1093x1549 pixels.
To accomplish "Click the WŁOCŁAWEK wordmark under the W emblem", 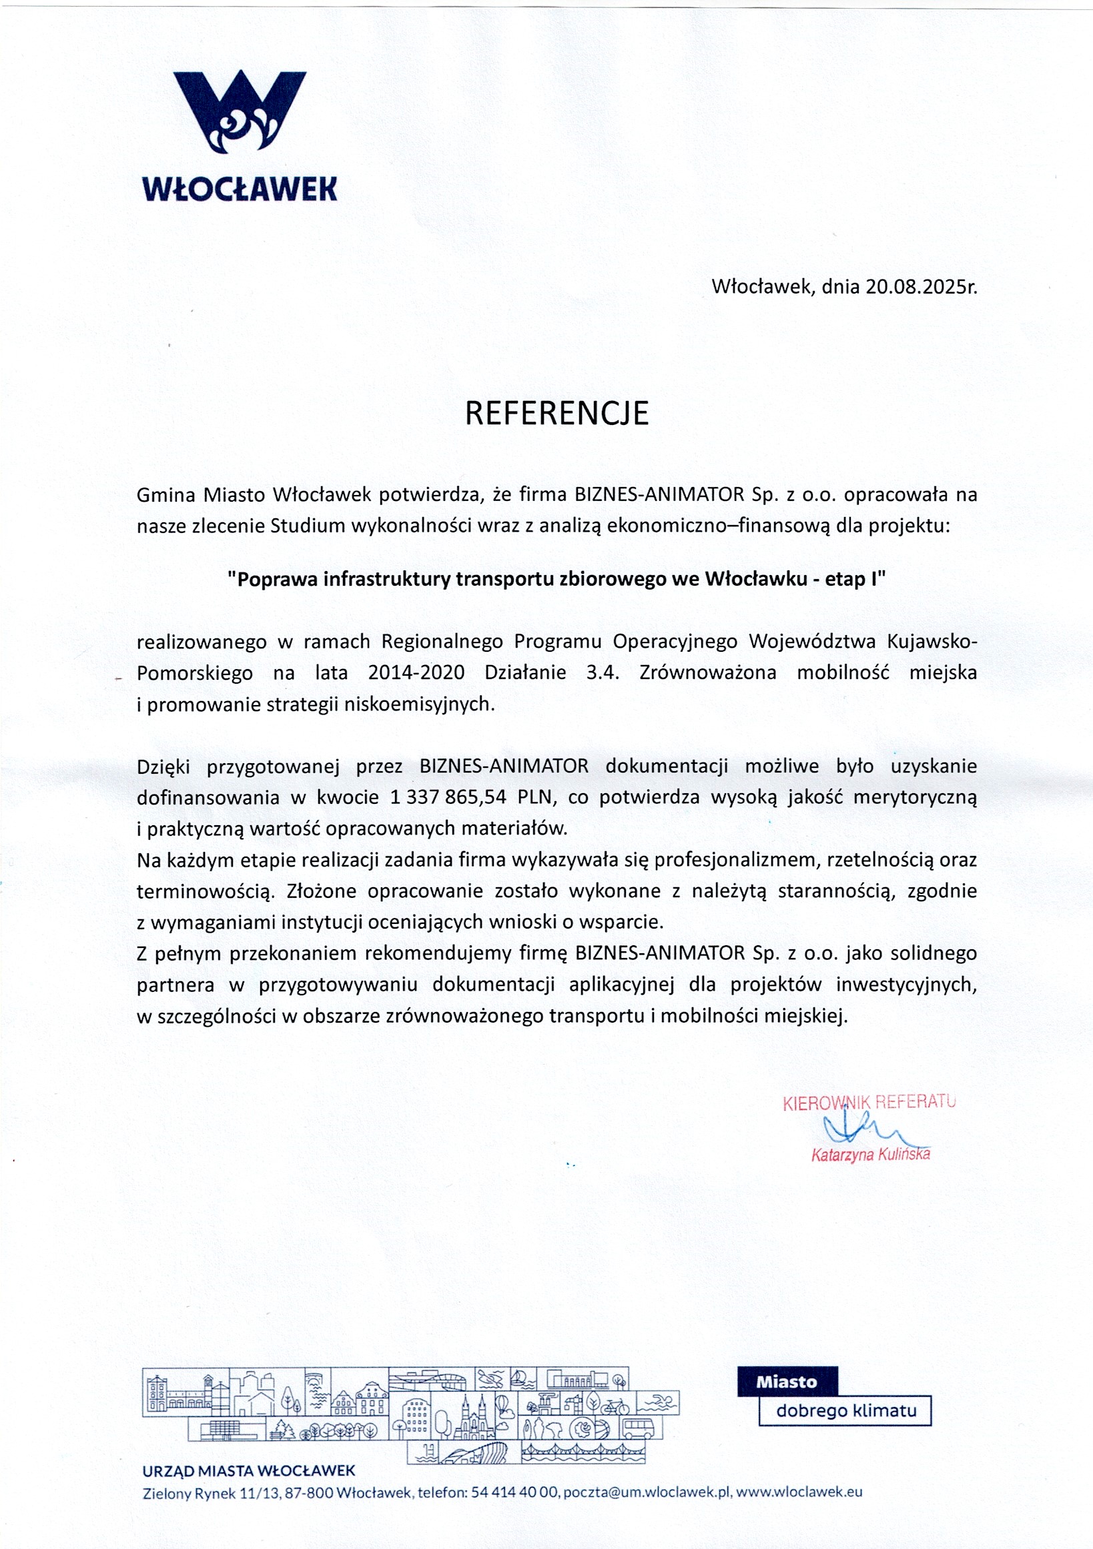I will coord(240,188).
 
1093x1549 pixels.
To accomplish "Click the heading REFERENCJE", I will coord(557,414).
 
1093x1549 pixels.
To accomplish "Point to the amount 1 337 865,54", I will coord(448,797).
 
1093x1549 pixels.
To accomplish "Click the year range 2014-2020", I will coord(416,672).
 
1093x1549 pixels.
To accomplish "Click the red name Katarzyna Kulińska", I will coord(870,1154).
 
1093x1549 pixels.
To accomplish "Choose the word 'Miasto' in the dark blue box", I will coord(787,1382).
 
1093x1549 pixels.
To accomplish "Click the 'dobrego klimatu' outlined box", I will coord(846,1411).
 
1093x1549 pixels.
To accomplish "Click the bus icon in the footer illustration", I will coord(637,1428).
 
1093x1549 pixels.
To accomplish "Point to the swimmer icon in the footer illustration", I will coord(657,1403).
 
